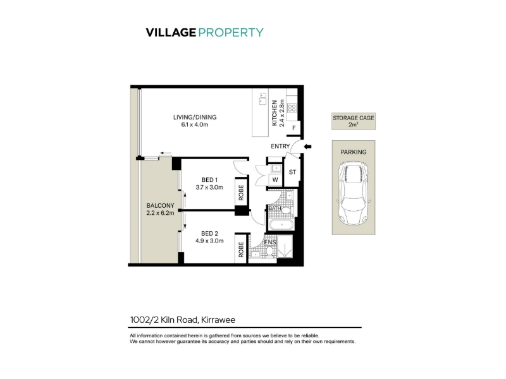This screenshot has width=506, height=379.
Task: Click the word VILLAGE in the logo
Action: pyautogui.click(x=171, y=33)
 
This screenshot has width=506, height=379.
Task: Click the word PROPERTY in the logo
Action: pyautogui.click(x=231, y=33)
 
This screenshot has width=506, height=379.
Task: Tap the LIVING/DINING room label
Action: pyautogui.click(x=195, y=117)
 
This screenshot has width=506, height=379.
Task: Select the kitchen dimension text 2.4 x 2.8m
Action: pyautogui.click(x=281, y=113)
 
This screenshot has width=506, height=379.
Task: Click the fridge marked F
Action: pyautogui.click(x=293, y=128)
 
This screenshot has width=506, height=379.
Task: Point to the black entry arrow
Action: pyautogui.click(x=307, y=147)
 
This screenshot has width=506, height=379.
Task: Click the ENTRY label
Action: pyautogui.click(x=280, y=147)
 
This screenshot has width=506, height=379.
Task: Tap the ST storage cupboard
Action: pyautogui.click(x=292, y=172)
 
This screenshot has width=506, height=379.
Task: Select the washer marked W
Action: pyautogui.click(x=275, y=180)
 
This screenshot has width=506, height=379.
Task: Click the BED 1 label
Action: pyautogui.click(x=209, y=180)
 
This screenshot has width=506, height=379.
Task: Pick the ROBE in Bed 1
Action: pyautogui.click(x=241, y=193)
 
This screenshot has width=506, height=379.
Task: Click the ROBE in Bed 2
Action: pyautogui.click(x=241, y=249)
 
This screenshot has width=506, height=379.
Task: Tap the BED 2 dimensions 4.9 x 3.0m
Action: pyautogui.click(x=209, y=241)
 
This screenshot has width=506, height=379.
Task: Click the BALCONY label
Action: pyautogui.click(x=160, y=206)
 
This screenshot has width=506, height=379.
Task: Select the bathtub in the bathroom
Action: pyautogui.click(x=281, y=225)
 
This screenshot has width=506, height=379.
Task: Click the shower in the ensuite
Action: pyautogui.click(x=285, y=247)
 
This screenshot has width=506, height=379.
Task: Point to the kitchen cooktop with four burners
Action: pyautogui.click(x=292, y=108)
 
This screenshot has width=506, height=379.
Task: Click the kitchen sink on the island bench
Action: pyautogui.click(x=262, y=99)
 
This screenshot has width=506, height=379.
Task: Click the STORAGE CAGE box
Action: pyautogui.click(x=354, y=121)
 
